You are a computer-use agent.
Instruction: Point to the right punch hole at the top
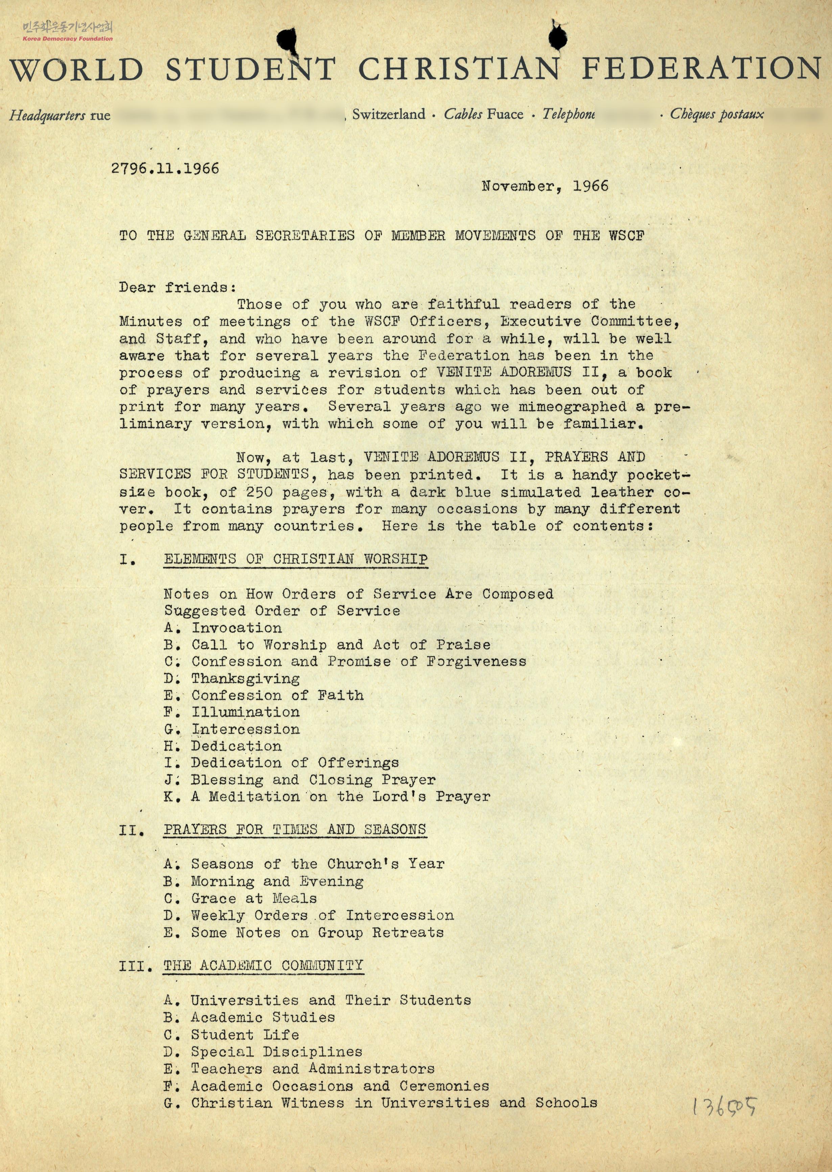(557, 36)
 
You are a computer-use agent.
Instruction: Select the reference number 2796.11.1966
(165, 168)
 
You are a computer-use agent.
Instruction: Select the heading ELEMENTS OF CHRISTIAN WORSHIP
(296, 559)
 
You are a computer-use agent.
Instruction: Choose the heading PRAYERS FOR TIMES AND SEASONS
(295, 829)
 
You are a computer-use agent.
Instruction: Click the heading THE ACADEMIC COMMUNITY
(263, 966)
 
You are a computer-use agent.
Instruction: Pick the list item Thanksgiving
(246, 678)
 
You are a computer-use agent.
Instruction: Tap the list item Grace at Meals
(254, 898)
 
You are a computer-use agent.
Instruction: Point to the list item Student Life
(245, 1034)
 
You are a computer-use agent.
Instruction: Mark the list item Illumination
(246, 712)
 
